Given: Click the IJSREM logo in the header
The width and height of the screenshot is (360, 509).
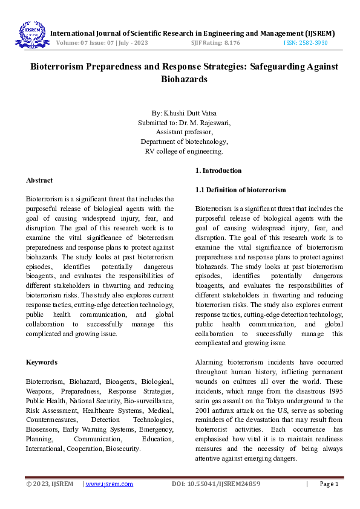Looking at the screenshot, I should tap(30, 33).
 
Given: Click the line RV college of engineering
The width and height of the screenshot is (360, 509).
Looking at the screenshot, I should tap(184, 151).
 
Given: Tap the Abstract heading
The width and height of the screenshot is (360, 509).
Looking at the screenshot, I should tap(39, 180).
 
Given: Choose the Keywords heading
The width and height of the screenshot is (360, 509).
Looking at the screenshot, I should tap(42, 362).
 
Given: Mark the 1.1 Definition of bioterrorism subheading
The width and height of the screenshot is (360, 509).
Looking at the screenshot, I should tap(240, 190).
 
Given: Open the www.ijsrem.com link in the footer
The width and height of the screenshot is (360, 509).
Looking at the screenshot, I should tap(110, 484).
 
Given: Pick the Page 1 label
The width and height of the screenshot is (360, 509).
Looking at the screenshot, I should tap(329, 484).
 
